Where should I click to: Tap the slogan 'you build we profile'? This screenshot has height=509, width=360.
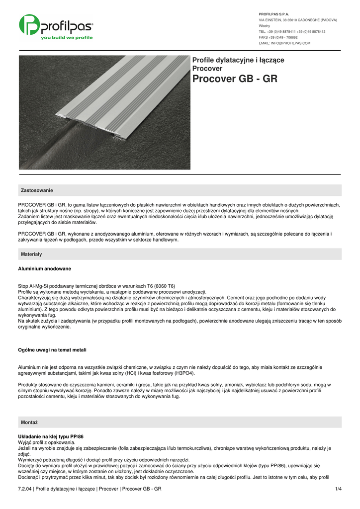[67, 38]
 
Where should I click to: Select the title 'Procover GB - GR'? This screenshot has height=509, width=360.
[235, 79]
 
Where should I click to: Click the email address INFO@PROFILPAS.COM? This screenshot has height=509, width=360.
[284, 43]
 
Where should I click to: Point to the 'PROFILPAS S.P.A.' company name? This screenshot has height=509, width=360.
[274, 14]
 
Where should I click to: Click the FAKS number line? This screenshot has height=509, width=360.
[278, 37]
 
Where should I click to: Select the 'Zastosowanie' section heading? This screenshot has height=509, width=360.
[37, 190]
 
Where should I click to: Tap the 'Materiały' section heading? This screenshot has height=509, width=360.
[31, 254]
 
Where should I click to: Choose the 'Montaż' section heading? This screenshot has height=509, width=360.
[29, 422]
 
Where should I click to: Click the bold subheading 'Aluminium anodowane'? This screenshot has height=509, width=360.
[44, 268]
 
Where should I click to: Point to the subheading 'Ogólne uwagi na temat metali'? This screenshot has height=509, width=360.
[52, 350]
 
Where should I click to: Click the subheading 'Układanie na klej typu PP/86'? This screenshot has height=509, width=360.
[51, 436]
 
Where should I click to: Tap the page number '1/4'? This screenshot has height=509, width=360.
[339, 490]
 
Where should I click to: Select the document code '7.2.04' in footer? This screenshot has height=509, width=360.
[25, 490]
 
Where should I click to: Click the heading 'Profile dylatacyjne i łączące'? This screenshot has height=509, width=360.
[238, 60]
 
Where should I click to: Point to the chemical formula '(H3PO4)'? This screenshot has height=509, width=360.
[184, 373]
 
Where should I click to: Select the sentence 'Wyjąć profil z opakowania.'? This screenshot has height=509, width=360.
[46, 442]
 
